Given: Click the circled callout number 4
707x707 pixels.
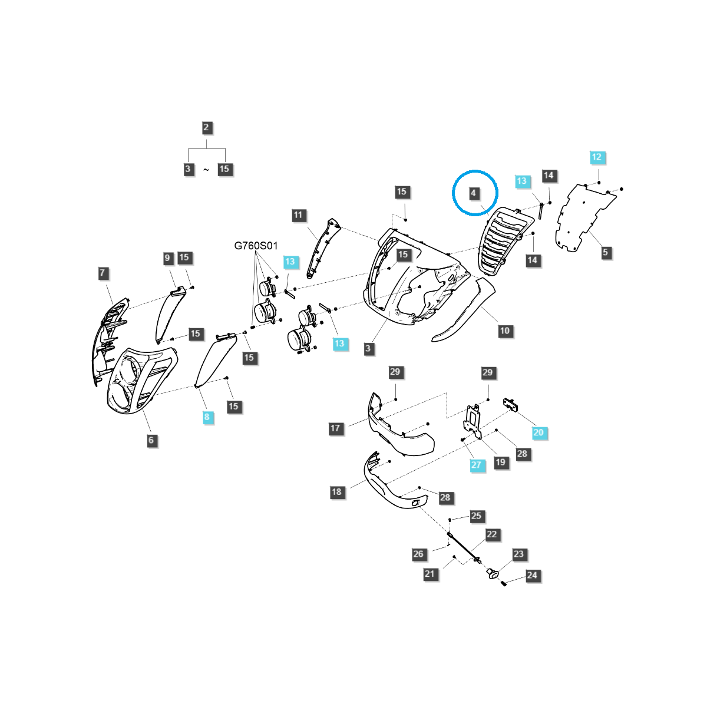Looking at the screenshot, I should coord(473,193).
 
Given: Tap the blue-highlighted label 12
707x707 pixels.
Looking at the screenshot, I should coord(597,157).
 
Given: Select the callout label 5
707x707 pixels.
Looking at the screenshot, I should coord(605,252).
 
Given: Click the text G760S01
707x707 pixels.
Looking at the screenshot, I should coord(256,246).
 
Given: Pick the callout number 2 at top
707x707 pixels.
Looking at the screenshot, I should coord(206,127).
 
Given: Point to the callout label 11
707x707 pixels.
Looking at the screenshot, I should coord(298,215).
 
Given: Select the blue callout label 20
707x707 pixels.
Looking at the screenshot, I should coord(538,432).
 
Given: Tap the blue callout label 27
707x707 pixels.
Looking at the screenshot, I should coord(476,464).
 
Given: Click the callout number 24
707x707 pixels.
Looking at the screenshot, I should coord(532,575).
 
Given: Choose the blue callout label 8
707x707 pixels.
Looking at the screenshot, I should coord(206,417).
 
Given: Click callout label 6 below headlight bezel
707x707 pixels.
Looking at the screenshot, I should coord(151,440).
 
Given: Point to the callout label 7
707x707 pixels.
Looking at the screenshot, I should coord(103,273).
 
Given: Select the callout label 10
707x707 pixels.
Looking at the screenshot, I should coord(504,331).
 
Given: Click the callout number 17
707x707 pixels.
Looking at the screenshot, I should coord(335,428).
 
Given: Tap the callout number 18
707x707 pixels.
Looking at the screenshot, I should coord(336,491).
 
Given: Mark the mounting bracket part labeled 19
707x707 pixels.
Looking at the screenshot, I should coord(474,419).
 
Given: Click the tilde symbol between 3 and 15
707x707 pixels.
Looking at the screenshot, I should coord(206,170).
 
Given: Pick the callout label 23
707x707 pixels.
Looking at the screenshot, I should coord(518,554).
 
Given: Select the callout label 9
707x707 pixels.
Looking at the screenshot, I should coord(167,257).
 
